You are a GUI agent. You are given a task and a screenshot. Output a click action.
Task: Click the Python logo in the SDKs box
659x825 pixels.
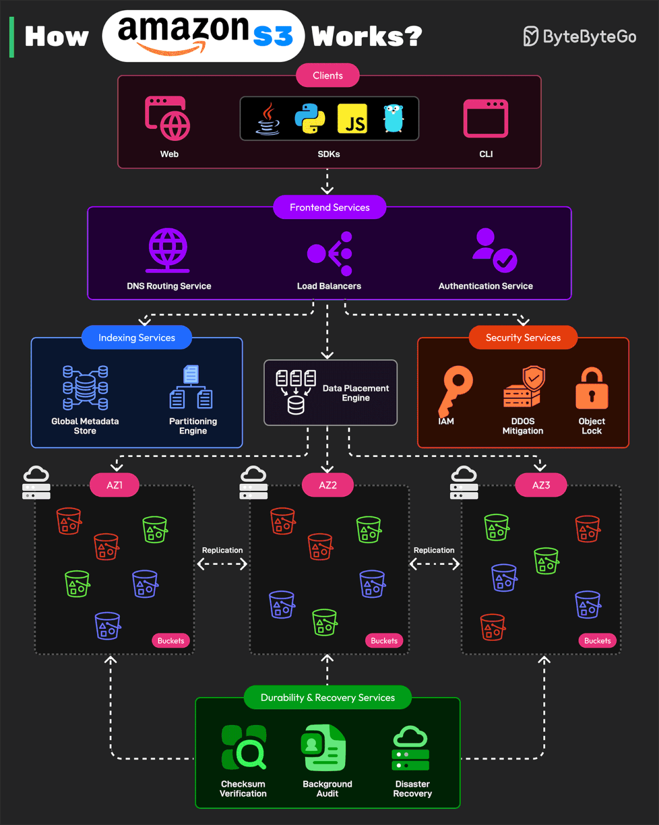(309, 118)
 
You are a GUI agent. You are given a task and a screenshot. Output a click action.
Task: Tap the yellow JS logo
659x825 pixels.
(353, 119)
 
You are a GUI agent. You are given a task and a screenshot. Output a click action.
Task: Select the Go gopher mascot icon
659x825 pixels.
(394, 119)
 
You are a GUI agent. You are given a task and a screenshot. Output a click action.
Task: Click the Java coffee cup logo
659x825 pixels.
(268, 120)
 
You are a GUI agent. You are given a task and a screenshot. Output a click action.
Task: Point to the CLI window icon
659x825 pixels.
(485, 119)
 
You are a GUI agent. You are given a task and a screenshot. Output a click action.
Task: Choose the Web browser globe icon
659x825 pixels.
(168, 119)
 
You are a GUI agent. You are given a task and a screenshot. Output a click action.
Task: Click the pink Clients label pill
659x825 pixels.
(327, 75)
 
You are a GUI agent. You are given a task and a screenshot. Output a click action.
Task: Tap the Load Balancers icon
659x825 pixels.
(329, 254)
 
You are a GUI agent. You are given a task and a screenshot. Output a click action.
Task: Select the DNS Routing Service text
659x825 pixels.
(169, 286)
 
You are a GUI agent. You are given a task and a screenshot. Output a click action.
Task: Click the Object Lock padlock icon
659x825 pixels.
(592, 389)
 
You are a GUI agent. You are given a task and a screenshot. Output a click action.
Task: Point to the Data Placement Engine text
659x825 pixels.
(356, 393)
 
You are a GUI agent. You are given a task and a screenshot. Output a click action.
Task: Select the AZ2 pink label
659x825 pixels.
(327, 485)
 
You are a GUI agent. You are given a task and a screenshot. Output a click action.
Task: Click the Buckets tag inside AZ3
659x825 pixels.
(597, 641)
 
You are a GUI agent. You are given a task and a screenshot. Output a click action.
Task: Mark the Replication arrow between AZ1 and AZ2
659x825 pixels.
(222, 564)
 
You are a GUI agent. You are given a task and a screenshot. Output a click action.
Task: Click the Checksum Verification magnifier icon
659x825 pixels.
(244, 747)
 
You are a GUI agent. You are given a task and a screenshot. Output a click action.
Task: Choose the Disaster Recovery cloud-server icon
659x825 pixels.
(411, 748)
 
